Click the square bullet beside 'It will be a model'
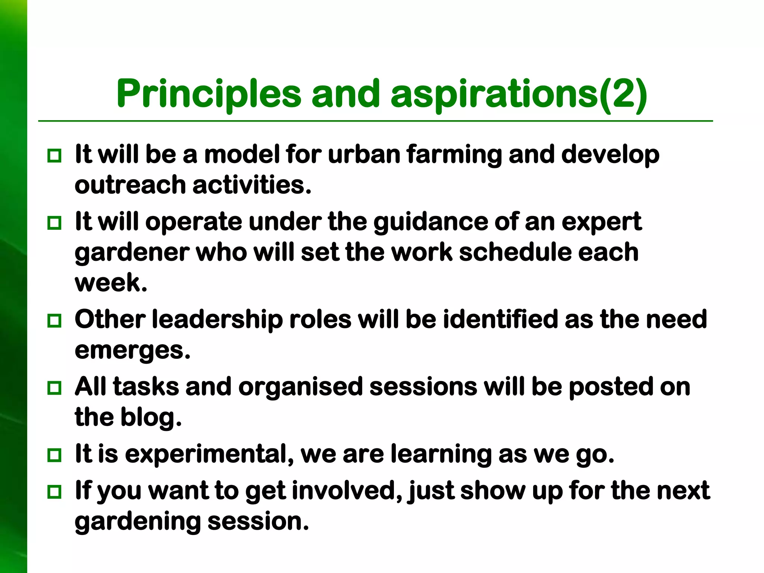[54, 156]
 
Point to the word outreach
[130, 185]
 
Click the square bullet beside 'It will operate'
[54, 223]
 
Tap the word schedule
[515, 253]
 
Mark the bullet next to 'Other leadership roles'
[54, 320]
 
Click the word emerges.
[132, 351]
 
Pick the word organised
[300, 387]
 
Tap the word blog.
[151, 417]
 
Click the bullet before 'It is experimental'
[54, 455]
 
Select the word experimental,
[209, 454]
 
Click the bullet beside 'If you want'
[54, 492]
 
